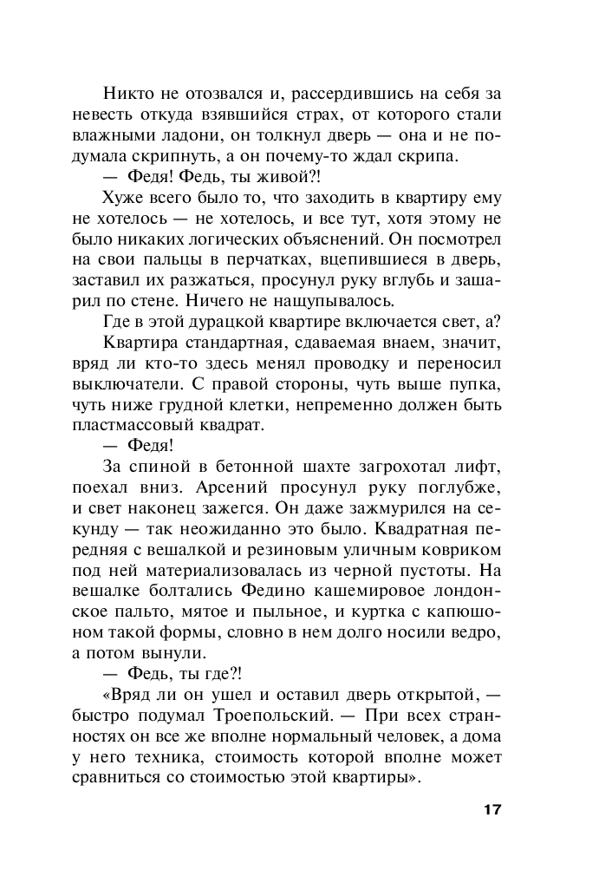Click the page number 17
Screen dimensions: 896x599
click(491, 810)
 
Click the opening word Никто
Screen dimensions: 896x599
click(127, 93)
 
